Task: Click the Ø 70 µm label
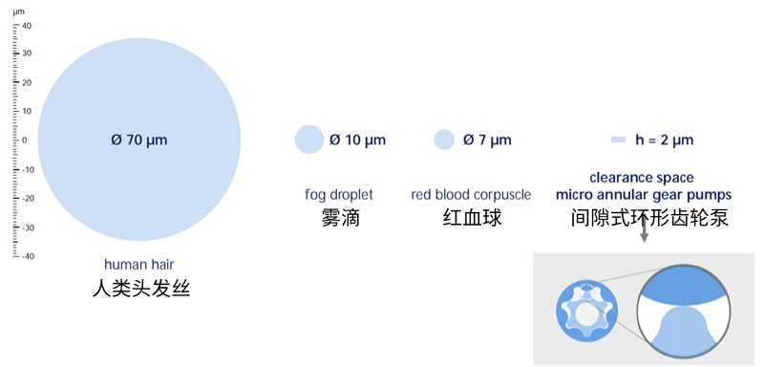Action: point(138,140)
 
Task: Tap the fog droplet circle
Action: point(309,140)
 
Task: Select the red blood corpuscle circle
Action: point(444,140)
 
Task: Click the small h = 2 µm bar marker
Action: point(618,140)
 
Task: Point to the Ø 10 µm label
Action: point(358,140)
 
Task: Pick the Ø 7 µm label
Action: point(487,140)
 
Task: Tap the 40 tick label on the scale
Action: point(28,26)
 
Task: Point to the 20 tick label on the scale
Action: point(28,83)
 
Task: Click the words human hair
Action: point(139,264)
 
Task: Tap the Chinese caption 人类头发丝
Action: point(139,287)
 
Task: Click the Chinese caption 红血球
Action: point(471,218)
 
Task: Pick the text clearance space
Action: point(642,178)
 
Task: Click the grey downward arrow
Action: point(645,230)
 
